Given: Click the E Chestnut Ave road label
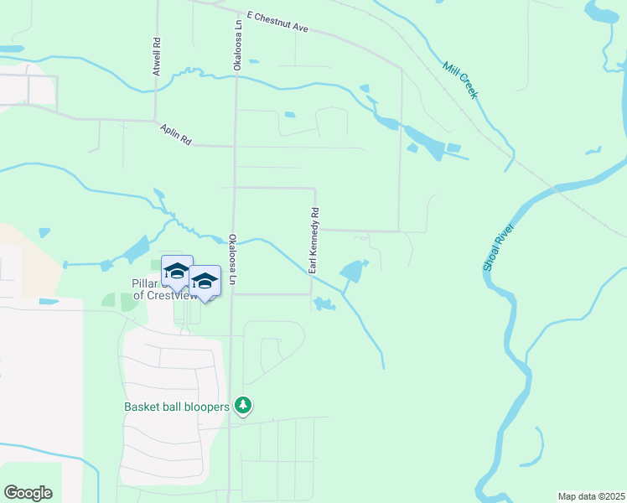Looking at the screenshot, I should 278,22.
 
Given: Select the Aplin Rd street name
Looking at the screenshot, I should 176,135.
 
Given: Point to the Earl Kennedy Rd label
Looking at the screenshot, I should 313,241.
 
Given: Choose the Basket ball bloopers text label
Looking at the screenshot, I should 176,407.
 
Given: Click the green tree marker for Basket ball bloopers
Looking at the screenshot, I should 243,406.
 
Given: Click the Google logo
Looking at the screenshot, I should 28,493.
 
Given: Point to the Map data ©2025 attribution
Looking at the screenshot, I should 590,496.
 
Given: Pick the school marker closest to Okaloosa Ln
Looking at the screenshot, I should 205,281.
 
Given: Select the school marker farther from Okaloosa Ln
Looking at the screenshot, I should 177,271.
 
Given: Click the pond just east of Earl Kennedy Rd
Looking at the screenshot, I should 352,271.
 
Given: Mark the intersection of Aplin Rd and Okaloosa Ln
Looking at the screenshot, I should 235,146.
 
